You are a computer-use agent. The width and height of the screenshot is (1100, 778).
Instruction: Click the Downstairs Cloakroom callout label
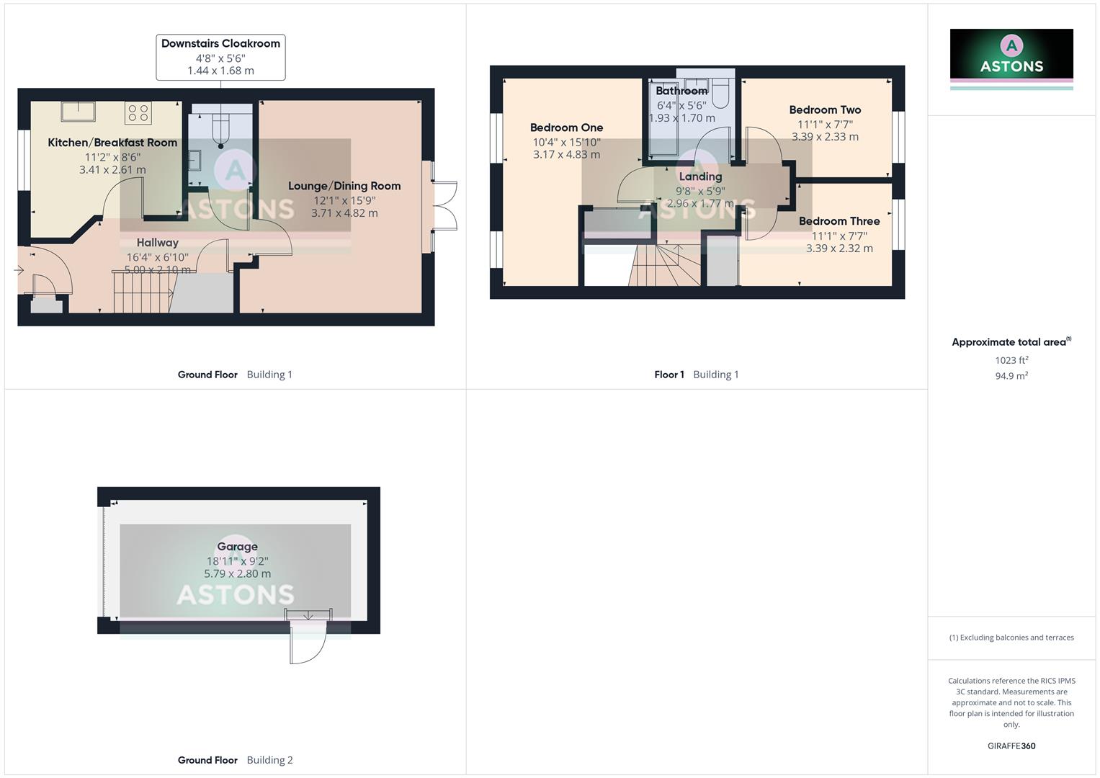(x=220, y=44)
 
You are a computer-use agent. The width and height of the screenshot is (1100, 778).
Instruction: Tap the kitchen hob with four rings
(x=138, y=113)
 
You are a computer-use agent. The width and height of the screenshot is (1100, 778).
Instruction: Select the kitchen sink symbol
(x=79, y=112)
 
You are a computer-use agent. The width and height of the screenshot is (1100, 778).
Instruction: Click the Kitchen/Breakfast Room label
(x=112, y=143)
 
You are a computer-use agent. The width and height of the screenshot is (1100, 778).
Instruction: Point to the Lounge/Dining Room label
(x=344, y=186)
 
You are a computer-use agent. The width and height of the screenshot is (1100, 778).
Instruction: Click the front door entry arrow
(x=19, y=270)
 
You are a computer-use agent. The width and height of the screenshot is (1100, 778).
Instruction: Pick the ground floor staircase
(x=142, y=292)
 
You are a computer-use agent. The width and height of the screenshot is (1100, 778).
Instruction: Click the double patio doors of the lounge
(x=445, y=206)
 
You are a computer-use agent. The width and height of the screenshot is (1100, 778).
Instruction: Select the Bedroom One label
(x=566, y=128)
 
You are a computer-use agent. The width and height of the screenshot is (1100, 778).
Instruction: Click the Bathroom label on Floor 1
(x=681, y=91)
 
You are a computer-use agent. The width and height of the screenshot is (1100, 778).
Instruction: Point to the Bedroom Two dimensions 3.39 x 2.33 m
(x=825, y=137)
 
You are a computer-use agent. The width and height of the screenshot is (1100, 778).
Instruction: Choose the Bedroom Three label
(x=839, y=221)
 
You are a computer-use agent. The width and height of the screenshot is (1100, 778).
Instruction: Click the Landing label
(x=700, y=176)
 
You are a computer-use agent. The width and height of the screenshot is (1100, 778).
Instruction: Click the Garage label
(x=237, y=547)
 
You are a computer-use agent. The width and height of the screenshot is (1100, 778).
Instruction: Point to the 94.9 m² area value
(x=1011, y=376)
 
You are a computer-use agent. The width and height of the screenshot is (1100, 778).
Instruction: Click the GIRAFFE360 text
(x=1011, y=746)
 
